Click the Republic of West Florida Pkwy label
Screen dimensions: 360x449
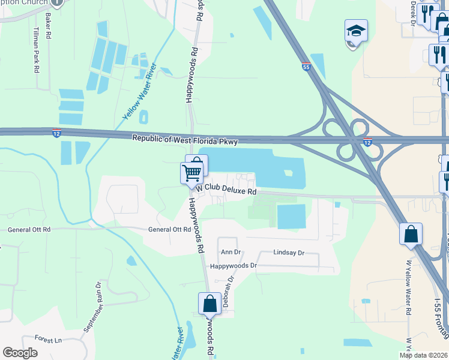pyautogui.click(x=185, y=141)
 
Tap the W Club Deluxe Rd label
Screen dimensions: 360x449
pyautogui.click(x=225, y=190)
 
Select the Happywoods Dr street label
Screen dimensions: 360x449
pyautogui.click(x=233, y=265)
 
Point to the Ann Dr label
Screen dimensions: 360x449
pyautogui.click(x=231, y=253)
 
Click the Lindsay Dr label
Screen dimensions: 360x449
pyautogui.click(x=289, y=253)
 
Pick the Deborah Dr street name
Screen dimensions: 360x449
pyautogui.click(x=228, y=291)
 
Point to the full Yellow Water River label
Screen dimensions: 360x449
pyautogui.click(x=140, y=90)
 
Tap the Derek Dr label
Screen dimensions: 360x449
pyautogui.click(x=413, y=11)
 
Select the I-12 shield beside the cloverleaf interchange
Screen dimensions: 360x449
pyautogui.click(x=367, y=142)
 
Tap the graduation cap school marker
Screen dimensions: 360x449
pyautogui.click(x=356, y=31)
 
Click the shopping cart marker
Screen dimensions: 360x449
pyautogui.click(x=191, y=173)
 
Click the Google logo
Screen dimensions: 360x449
pyautogui.click(x=20, y=353)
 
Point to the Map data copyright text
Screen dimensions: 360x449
pyautogui.click(x=423, y=355)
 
